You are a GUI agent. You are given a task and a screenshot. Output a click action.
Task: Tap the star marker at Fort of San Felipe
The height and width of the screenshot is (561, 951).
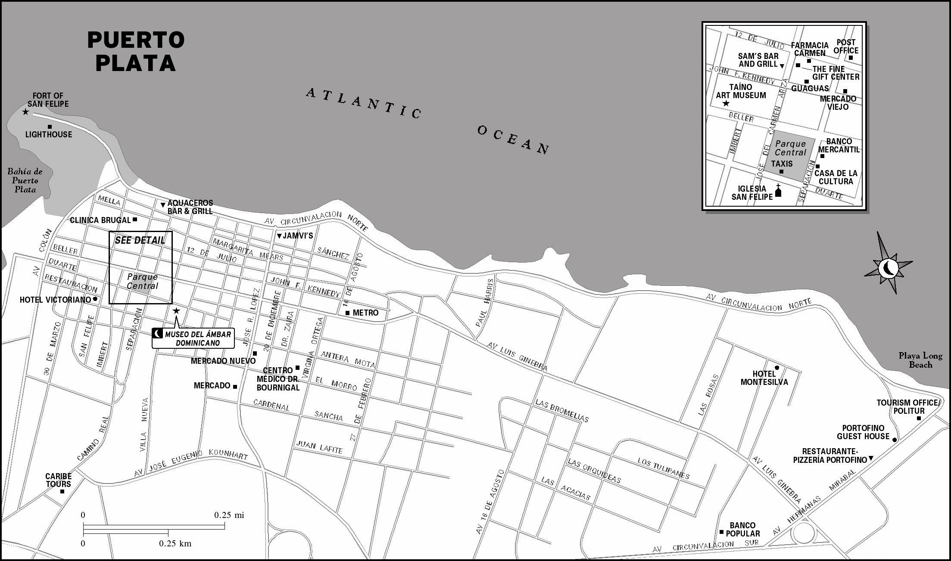pyautogui.click(x=26, y=112)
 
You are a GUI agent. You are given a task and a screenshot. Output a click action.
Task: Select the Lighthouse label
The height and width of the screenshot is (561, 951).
pyautogui.click(x=49, y=134)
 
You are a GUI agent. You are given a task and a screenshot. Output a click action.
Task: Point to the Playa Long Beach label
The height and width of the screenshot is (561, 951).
pyautogui.click(x=920, y=360)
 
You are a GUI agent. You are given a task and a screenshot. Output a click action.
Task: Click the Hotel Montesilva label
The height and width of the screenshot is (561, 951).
pyautogui.click(x=764, y=378)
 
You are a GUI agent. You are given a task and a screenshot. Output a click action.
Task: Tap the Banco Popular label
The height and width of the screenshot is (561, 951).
pyautogui.click(x=742, y=530)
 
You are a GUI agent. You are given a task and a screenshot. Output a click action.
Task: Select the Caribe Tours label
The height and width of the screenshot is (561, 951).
pyautogui.click(x=59, y=480)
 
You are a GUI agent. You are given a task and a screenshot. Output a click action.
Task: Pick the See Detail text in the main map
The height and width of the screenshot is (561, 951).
pyautogui.click(x=140, y=240)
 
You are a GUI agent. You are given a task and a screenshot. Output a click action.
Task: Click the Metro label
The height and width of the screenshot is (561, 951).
pyautogui.click(x=365, y=313)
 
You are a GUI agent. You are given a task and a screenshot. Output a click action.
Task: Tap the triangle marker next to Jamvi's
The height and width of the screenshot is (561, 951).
pyautogui.click(x=279, y=236)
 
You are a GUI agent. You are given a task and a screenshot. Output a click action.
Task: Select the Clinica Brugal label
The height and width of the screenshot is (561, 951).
pyautogui.click(x=100, y=220)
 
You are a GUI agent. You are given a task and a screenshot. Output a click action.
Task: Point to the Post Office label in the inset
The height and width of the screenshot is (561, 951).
pyautogui.click(x=846, y=46)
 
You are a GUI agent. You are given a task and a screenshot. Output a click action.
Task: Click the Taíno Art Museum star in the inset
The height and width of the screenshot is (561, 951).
pyautogui.click(x=726, y=103)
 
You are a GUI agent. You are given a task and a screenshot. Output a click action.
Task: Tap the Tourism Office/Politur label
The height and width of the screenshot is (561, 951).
pyautogui.click(x=907, y=407)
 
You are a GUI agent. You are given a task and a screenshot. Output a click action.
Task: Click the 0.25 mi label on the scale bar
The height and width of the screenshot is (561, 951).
pyautogui.click(x=229, y=515)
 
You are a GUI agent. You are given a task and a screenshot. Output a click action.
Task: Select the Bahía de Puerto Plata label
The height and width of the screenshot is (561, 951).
pyautogui.click(x=25, y=180)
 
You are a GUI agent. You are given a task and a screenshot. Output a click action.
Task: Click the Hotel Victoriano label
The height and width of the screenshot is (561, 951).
pyautogui.click(x=56, y=300)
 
